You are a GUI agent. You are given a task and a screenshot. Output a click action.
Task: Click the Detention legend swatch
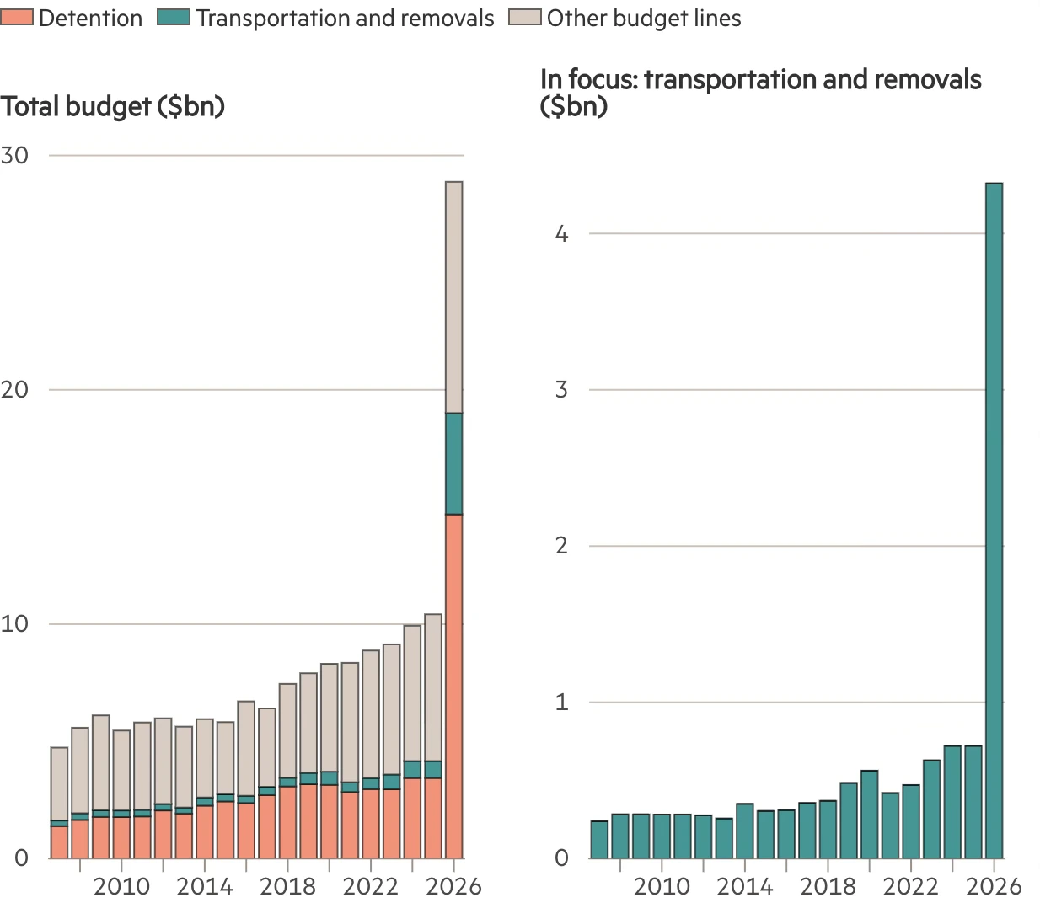point(18,18)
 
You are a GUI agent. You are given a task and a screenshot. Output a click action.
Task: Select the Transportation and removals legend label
point(345,19)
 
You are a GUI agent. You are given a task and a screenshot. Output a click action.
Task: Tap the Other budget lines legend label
point(644,19)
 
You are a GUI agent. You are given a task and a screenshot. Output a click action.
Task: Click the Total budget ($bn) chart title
point(113,107)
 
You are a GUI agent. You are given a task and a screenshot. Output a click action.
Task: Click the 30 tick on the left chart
point(14,155)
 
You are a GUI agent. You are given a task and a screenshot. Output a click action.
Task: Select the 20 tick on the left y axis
point(14,389)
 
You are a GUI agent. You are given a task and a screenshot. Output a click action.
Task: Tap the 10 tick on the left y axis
point(14,624)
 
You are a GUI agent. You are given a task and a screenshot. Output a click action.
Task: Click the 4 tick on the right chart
point(562,234)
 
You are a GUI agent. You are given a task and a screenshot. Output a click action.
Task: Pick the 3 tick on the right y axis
point(562,390)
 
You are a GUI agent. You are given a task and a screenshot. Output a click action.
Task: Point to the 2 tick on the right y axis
point(562,546)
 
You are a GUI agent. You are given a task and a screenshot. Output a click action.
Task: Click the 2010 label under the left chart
point(121,886)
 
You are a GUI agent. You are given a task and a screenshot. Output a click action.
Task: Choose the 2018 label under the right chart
point(828,886)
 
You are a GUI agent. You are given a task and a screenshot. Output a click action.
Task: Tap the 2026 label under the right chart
point(994,886)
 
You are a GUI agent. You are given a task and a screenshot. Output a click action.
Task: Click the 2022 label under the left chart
point(371,886)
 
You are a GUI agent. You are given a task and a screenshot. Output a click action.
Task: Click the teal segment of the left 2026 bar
point(453,463)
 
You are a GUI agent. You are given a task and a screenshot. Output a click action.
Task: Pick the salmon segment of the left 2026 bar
point(453,686)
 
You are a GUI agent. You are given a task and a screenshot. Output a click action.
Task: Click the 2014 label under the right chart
point(744,886)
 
